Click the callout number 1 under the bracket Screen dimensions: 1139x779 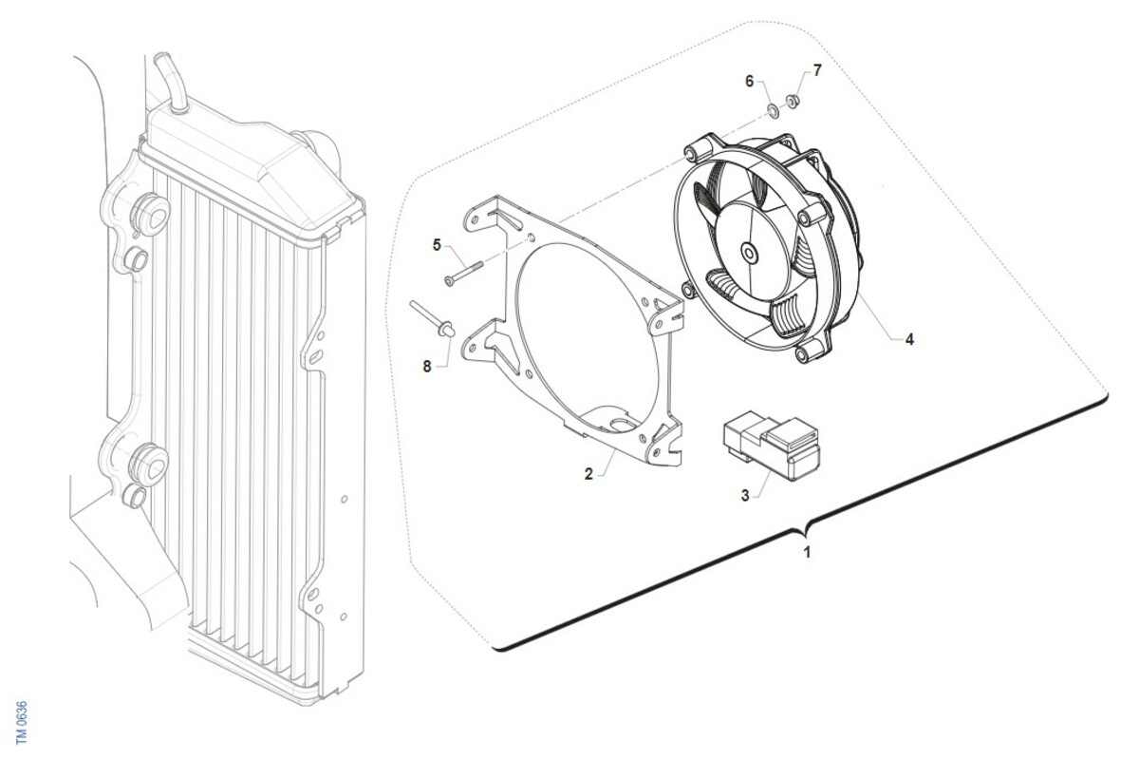click(807, 552)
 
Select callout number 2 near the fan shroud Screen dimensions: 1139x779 click(588, 474)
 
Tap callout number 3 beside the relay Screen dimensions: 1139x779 click(745, 495)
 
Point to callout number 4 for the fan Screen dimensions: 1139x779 click(909, 339)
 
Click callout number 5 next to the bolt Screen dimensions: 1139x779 click(437, 245)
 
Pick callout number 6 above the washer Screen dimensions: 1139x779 click(749, 81)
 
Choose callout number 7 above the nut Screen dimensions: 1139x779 click(817, 70)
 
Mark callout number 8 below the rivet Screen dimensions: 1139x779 click(426, 366)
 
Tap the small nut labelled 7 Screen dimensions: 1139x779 click(792, 101)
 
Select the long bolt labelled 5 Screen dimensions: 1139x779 click(463, 273)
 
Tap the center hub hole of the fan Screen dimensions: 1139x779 click(749, 253)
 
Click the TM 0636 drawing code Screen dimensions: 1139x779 click(22, 723)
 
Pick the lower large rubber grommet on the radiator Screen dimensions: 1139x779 click(150, 465)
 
